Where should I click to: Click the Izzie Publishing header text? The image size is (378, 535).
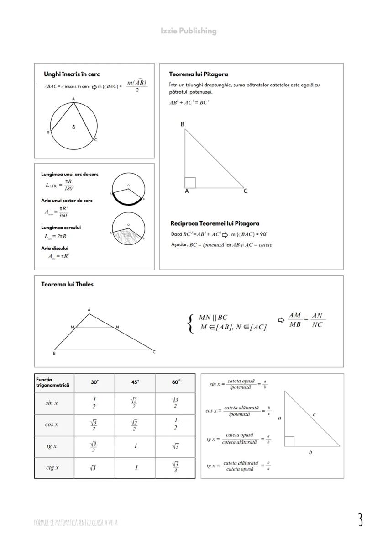[189, 31]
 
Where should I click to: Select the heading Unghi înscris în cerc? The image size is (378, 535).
[72, 74]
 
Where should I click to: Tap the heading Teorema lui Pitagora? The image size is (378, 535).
[199, 74]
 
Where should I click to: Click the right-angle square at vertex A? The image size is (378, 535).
[190, 183]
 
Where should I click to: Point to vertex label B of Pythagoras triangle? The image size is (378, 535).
[183, 124]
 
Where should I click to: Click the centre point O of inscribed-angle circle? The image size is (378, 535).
[73, 127]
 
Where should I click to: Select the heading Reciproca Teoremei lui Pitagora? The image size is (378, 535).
[215, 223]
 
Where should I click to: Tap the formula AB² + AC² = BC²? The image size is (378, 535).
[189, 103]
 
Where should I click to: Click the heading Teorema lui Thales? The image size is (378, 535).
[67, 284]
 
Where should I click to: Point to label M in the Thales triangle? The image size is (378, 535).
[72, 327]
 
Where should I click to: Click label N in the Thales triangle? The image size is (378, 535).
[117, 327]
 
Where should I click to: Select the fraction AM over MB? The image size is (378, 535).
[295, 320]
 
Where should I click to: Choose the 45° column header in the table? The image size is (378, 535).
[135, 382]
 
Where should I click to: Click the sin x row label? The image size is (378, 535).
[52, 403]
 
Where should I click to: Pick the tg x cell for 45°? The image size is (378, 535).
[135, 446]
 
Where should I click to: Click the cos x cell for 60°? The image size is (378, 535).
[176, 424]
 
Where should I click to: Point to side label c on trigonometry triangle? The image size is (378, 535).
[314, 414]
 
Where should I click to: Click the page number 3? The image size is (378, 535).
[360, 520]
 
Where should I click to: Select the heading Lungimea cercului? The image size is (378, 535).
[61, 228]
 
